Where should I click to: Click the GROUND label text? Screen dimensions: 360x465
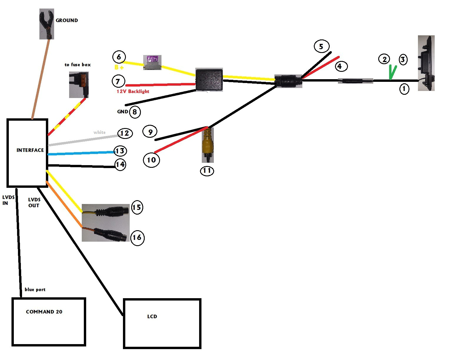pos(67,20)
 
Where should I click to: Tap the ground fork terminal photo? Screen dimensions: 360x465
pos(47,24)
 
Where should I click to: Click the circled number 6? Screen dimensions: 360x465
pos(119,57)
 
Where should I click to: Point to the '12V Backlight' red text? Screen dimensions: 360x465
pos(133,92)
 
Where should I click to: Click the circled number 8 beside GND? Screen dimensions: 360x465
pos(135,112)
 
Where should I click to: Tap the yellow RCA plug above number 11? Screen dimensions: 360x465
pos(208,144)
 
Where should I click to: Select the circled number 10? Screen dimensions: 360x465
pos(151,160)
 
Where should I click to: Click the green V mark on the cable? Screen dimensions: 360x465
pos(392,72)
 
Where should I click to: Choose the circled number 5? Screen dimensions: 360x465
pos(321,47)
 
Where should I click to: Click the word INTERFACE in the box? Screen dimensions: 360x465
pos(30,150)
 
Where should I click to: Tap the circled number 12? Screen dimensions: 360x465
pos(125,133)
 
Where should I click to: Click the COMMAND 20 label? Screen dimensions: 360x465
pos(44,312)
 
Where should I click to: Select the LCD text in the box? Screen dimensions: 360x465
pos(152,316)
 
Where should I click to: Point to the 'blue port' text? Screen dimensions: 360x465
pos(35,290)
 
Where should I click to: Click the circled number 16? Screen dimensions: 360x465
pos(137,237)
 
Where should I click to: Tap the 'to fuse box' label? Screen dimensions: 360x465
pos(78,65)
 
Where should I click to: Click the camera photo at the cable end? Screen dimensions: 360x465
pos(426,63)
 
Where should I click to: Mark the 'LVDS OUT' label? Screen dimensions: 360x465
pos(34,203)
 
